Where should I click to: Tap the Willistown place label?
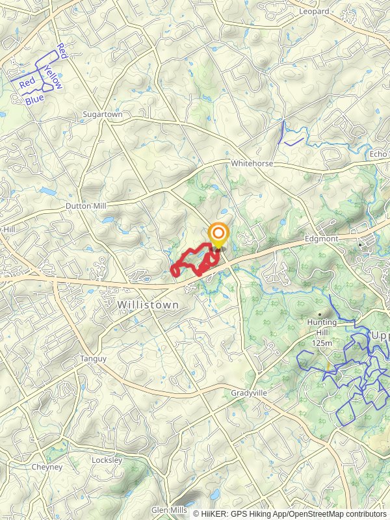(148, 304)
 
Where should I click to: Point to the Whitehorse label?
(252, 164)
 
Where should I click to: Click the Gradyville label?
(250, 394)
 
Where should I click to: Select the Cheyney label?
(47, 467)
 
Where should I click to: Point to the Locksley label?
(107, 460)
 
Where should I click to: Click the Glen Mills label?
(170, 510)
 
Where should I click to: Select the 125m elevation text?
(322, 342)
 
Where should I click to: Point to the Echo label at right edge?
(378, 154)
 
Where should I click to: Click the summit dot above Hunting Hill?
(320, 314)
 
